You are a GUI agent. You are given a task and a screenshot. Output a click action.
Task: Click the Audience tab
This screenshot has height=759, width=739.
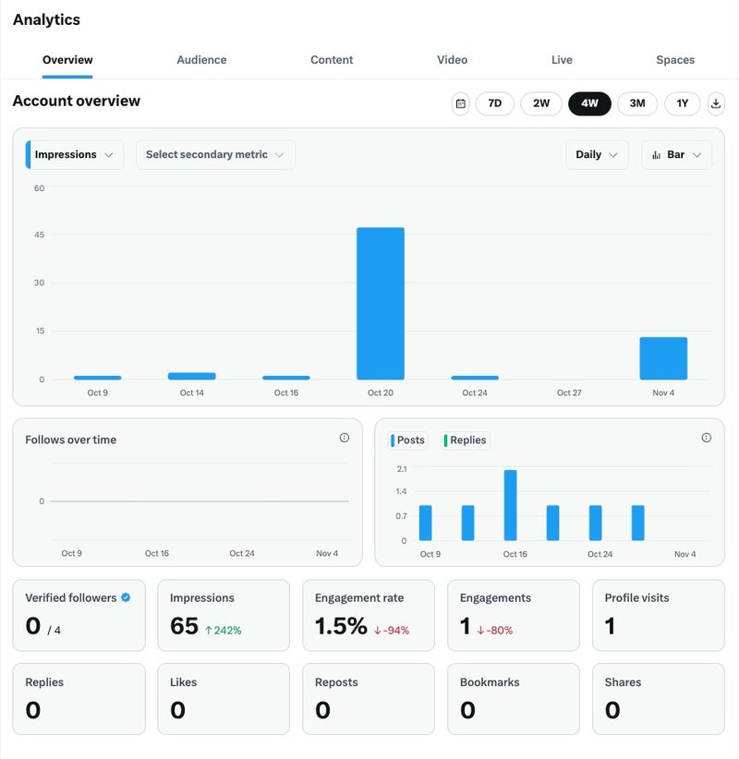(x=201, y=60)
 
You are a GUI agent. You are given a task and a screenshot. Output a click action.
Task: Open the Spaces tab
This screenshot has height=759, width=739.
(x=675, y=60)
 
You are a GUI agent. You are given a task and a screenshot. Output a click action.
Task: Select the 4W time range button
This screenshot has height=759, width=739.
(x=589, y=103)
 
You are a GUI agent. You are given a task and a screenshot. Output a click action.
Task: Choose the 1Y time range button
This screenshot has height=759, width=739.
(x=683, y=103)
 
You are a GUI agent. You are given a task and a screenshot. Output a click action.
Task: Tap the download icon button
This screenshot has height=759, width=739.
(x=716, y=103)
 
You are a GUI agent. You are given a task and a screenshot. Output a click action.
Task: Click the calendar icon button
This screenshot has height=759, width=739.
(x=461, y=103)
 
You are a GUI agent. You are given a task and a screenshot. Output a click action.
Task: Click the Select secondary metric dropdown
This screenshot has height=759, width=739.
(x=215, y=155)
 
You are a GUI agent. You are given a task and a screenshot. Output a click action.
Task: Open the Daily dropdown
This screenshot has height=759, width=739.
(x=597, y=155)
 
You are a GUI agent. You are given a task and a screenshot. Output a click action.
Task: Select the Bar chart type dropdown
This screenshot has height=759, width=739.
(x=676, y=155)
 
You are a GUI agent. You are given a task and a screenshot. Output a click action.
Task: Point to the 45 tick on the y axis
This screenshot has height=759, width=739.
(x=39, y=235)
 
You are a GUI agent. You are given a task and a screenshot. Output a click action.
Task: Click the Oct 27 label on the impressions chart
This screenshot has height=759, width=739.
(x=569, y=393)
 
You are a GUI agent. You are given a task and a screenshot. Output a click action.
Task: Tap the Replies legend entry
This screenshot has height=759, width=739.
(x=466, y=440)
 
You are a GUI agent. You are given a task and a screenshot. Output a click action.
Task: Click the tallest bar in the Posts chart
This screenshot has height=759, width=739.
(x=510, y=505)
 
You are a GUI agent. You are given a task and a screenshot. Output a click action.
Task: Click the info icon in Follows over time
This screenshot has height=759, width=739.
(x=345, y=438)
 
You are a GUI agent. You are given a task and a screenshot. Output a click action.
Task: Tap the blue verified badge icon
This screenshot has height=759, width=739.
(x=126, y=597)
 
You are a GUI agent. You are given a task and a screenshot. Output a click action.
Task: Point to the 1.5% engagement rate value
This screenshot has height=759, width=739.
(x=341, y=626)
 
